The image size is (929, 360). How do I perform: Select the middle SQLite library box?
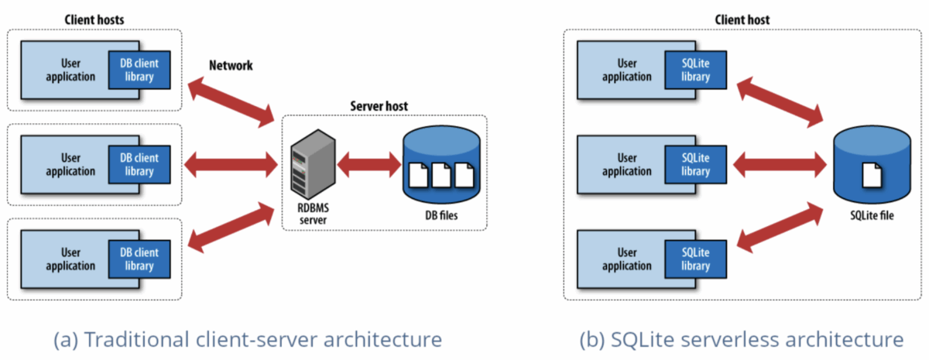coord(695,163)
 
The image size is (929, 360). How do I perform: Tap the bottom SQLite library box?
coord(695,259)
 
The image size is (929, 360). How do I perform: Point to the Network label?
coord(231,66)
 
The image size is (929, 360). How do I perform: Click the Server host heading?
coord(379,105)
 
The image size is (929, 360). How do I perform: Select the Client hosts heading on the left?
coord(93,17)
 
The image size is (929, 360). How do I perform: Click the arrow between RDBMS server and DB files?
coord(367,164)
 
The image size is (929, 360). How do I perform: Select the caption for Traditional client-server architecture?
coord(247,339)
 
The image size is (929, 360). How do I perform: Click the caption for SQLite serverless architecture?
coord(741,339)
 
